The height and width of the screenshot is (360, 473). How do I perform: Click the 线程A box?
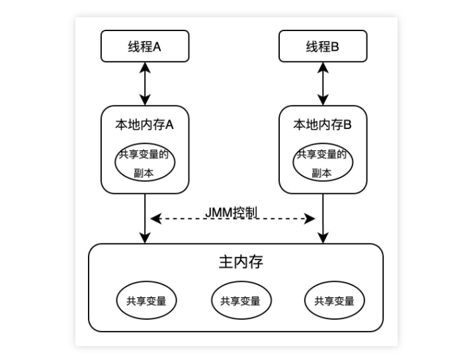point(144,47)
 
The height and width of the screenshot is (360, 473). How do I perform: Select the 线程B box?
point(322,47)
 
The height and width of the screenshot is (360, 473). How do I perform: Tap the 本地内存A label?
point(144,124)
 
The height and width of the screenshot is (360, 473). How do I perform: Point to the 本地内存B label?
point(322,124)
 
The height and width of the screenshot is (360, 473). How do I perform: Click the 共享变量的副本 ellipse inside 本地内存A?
point(144,163)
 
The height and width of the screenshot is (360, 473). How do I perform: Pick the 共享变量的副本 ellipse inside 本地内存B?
point(322,163)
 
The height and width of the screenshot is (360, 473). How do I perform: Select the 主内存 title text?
point(236,261)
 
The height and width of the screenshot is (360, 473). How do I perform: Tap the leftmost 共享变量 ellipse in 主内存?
point(146,301)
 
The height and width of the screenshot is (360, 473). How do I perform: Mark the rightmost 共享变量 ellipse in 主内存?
point(334,301)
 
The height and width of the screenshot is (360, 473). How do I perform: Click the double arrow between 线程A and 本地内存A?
point(144,84)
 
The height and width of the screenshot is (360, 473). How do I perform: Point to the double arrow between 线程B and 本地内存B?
point(323,84)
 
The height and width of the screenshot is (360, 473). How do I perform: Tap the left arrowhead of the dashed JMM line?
point(155,218)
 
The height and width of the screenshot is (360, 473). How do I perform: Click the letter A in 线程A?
point(157,47)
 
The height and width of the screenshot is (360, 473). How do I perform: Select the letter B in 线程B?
point(335,47)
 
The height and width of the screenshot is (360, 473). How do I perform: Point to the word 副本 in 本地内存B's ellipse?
point(322,173)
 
